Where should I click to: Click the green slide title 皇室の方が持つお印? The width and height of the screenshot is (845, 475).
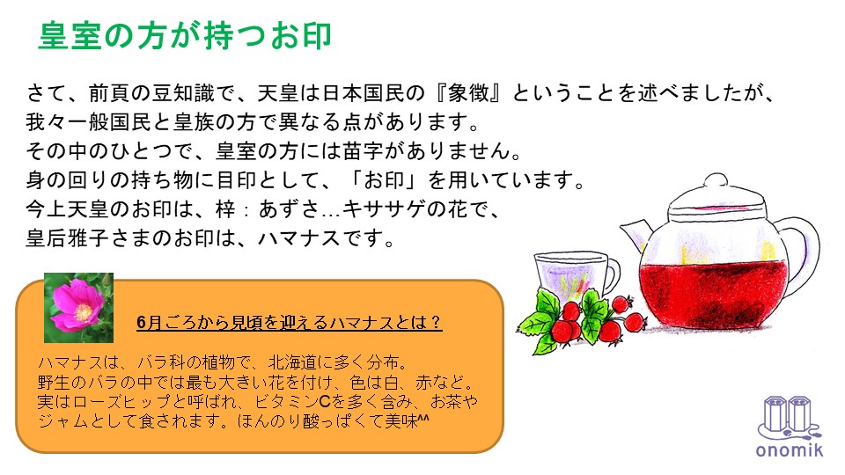[185, 36]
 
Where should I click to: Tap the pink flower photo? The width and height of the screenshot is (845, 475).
[78, 308]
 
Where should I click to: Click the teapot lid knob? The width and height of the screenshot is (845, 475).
[716, 180]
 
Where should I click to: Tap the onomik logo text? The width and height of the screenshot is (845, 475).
[789, 449]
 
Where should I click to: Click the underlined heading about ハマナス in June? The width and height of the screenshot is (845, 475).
[289, 322]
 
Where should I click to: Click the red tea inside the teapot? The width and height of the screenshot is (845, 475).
[711, 294]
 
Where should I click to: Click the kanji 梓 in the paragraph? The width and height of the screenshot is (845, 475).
[226, 209]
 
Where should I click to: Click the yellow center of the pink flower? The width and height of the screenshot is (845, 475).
[83, 311]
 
